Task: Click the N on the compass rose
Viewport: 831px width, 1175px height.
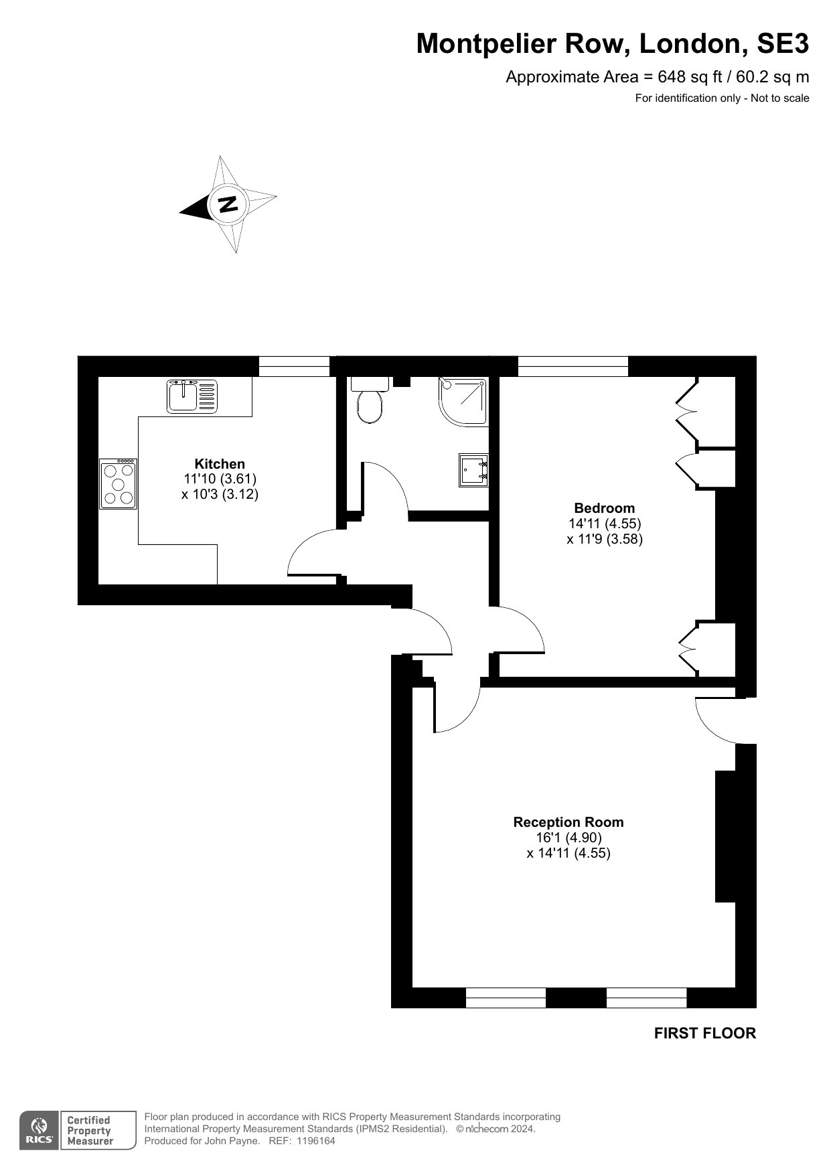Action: (x=228, y=204)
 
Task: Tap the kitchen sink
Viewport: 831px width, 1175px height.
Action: (x=192, y=395)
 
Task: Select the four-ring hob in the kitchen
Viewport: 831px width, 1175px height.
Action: (x=119, y=483)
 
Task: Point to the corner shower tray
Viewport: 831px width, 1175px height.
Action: (x=463, y=401)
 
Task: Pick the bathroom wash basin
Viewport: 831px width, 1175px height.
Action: (x=473, y=470)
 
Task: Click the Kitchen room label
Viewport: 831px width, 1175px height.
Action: (x=220, y=463)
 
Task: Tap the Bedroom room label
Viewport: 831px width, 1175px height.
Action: (x=604, y=507)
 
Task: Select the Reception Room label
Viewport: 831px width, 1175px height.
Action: (x=569, y=821)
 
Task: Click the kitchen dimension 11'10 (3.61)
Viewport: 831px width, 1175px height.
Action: (x=220, y=479)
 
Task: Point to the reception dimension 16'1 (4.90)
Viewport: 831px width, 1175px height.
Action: (x=569, y=838)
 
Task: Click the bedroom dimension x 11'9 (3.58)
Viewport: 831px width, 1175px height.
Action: (x=605, y=539)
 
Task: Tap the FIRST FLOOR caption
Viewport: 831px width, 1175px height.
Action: (x=705, y=1033)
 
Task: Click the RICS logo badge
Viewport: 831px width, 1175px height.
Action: (x=39, y=1130)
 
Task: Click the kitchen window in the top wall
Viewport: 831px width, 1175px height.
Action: (x=295, y=366)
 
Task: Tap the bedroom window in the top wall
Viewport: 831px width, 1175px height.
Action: (x=573, y=366)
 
